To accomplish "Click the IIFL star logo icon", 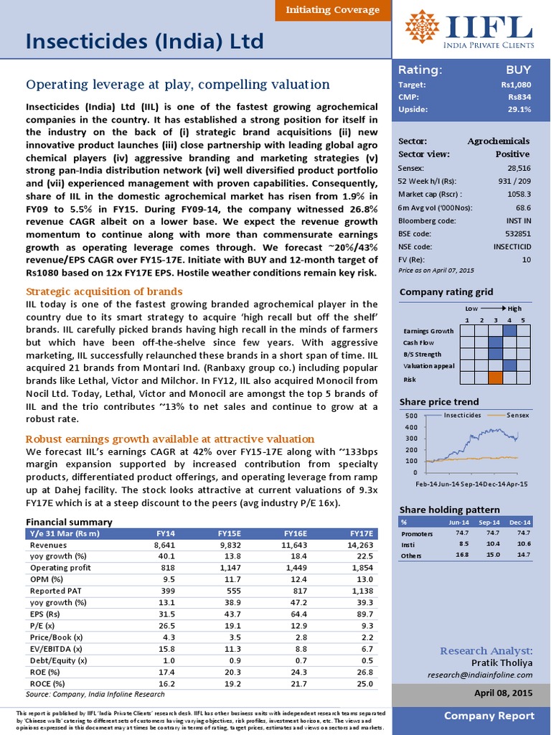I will pyautogui.click(x=422, y=27).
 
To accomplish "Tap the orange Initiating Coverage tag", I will pyautogui.click(x=332, y=10).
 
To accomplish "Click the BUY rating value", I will pyautogui.click(x=518, y=70).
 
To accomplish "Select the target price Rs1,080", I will pyautogui.click(x=516, y=85).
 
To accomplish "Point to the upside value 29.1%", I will pyautogui.click(x=519, y=110).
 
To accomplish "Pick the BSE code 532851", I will pyautogui.click(x=517, y=233).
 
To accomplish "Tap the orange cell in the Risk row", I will pyautogui.click(x=495, y=378).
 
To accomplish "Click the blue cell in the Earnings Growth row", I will pyautogui.click(x=509, y=330).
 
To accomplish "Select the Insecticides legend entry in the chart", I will pyautogui.click(x=461, y=415).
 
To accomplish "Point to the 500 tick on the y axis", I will pyautogui.click(x=410, y=416).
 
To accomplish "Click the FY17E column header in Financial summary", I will pyautogui.click(x=361, y=533).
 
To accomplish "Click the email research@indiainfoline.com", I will pyautogui.click(x=479, y=675).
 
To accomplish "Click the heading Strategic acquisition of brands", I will pyautogui.click(x=104, y=291).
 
